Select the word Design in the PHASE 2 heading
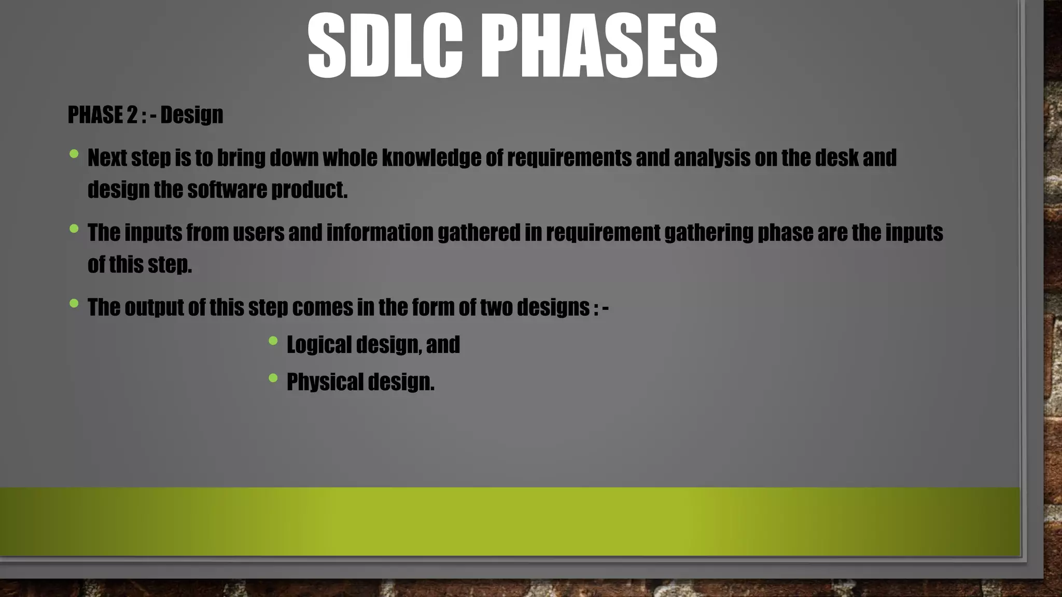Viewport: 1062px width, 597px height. coord(191,115)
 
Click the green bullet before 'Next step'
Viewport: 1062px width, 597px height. coord(74,153)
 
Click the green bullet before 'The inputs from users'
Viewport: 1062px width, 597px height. coord(74,228)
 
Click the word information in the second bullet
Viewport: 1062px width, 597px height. coord(380,233)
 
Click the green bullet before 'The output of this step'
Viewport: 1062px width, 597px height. coord(74,303)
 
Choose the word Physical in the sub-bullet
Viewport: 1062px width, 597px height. coord(325,382)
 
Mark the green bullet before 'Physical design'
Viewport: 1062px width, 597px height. coord(273,378)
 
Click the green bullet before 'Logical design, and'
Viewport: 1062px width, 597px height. coord(273,340)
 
